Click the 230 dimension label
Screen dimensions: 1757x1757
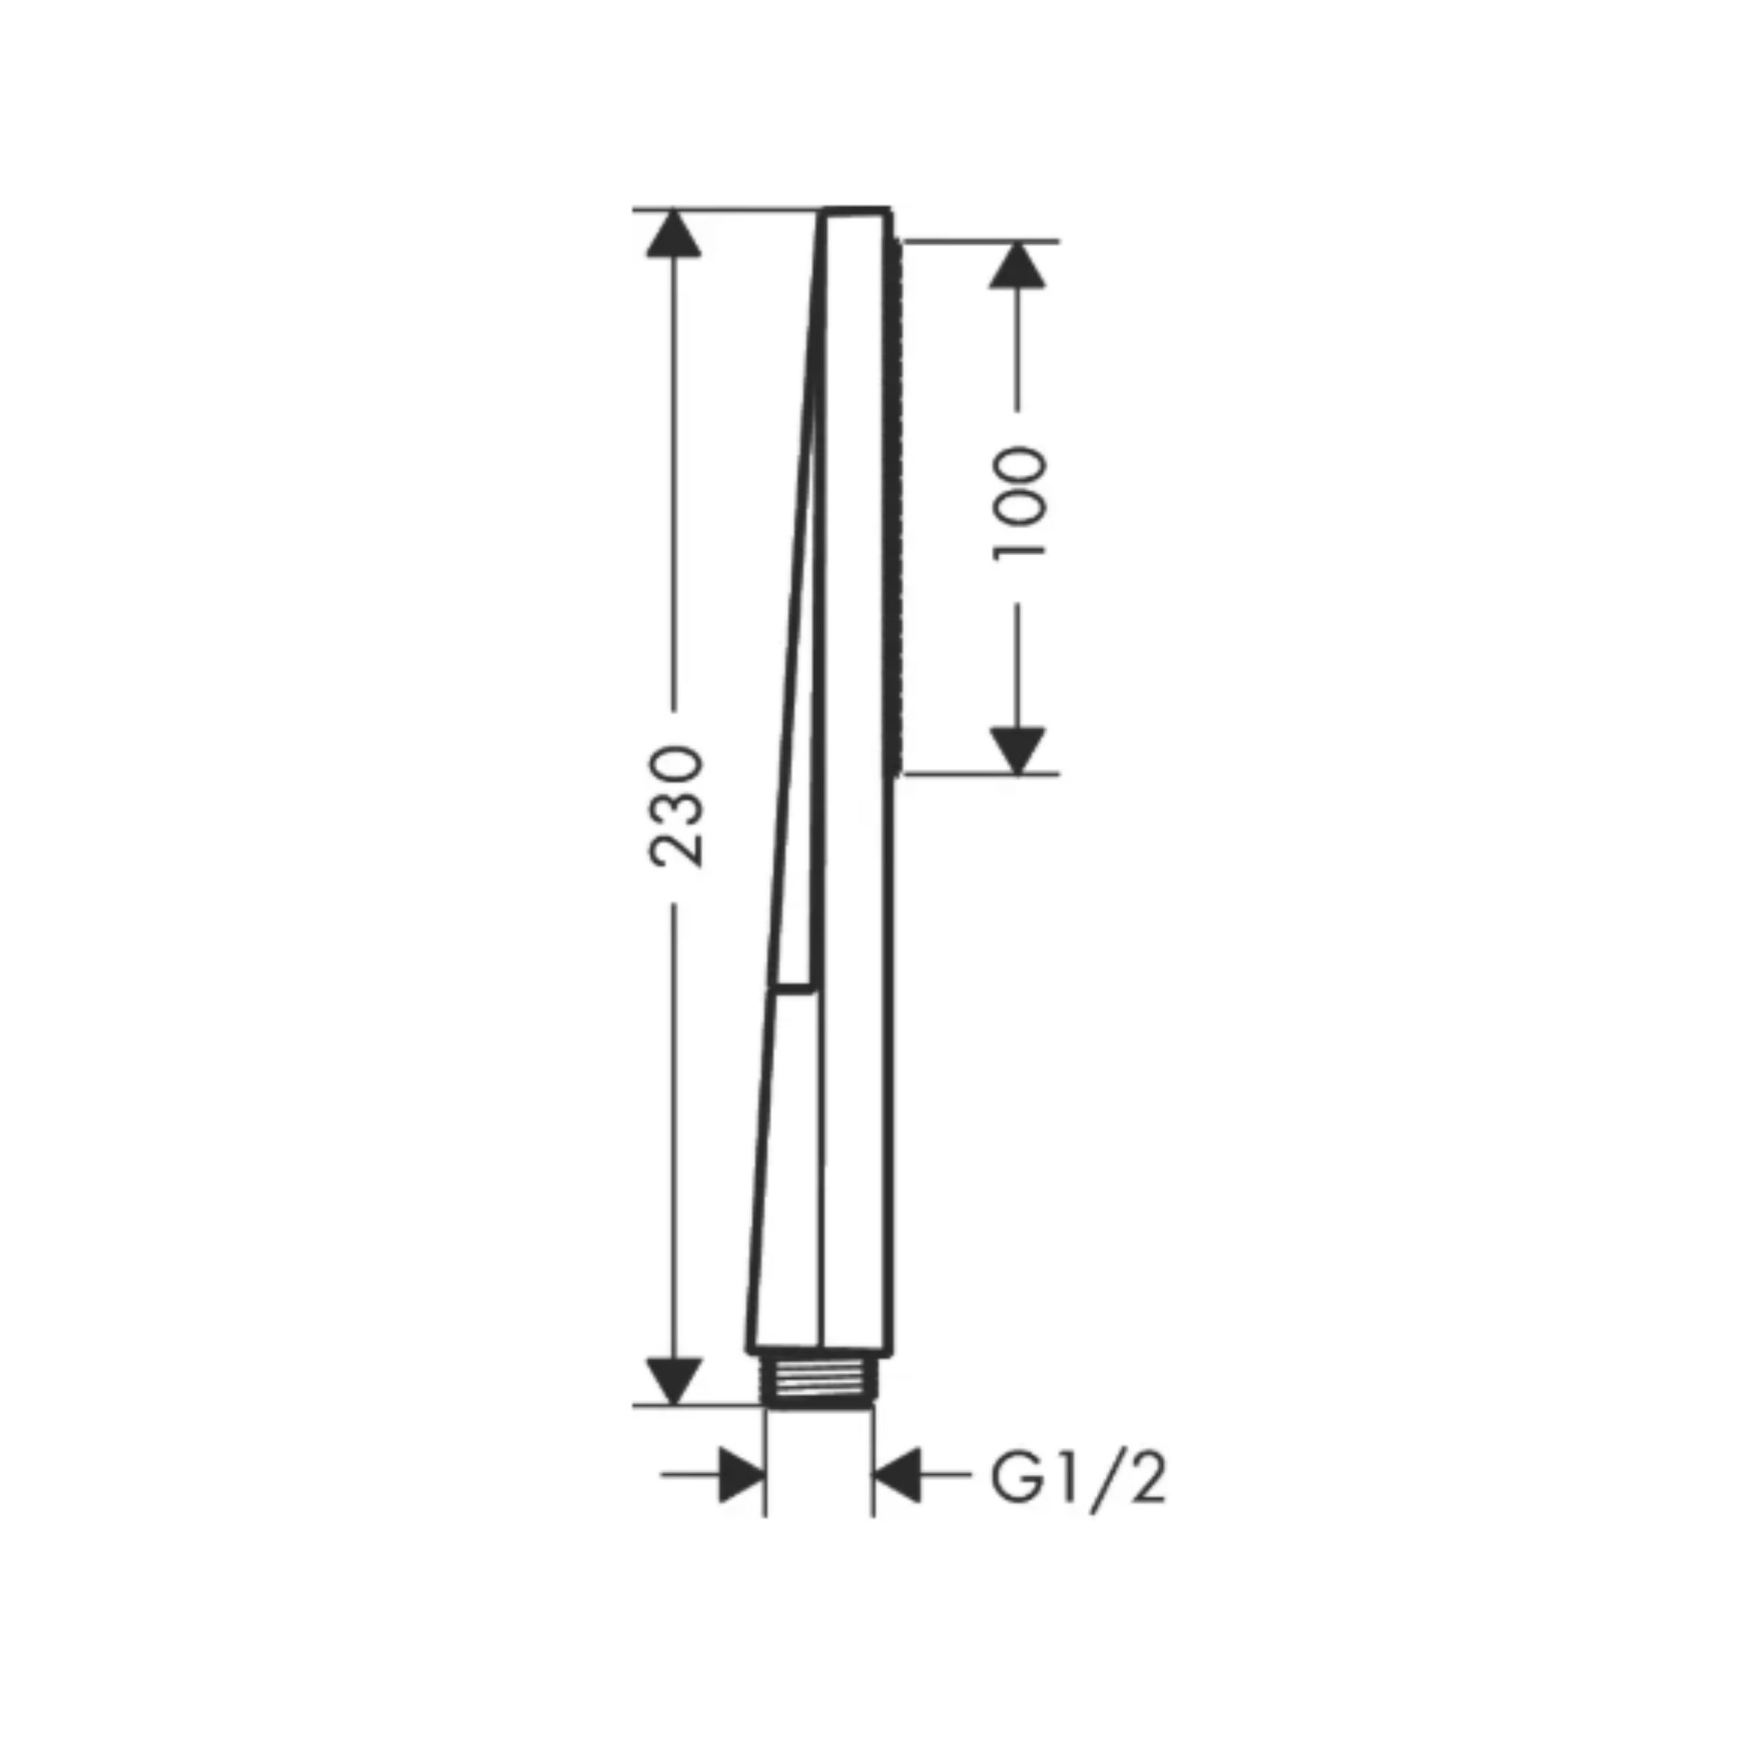(675, 806)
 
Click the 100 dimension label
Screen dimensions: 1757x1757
(1019, 503)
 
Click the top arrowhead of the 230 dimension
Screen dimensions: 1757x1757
(674, 233)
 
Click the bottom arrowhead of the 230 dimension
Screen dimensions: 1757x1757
(674, 1405)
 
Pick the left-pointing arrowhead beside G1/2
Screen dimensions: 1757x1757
(897, 1474)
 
